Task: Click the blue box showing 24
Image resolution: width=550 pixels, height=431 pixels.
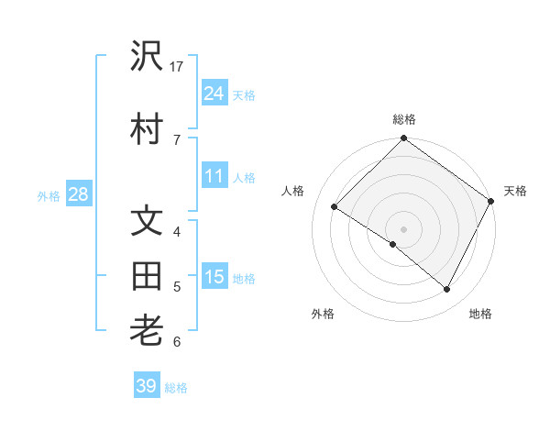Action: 214,93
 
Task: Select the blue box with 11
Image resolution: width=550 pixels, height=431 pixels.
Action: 214,176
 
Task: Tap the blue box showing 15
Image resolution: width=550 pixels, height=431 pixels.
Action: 214,277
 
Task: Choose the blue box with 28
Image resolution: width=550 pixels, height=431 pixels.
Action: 77,194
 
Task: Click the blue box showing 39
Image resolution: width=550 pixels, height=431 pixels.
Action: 146,386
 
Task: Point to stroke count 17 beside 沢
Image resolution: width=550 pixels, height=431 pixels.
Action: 177,67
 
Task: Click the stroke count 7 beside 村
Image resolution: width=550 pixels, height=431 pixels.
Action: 176,138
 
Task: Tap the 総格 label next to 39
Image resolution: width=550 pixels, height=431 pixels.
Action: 176,388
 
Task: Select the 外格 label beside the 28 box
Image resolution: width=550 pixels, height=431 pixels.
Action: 48,195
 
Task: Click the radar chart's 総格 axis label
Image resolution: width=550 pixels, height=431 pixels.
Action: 403,119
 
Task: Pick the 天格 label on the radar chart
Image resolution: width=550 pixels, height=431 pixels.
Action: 515,191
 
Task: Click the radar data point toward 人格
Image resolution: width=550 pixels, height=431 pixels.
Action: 335,207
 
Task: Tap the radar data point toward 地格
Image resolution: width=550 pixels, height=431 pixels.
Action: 447,290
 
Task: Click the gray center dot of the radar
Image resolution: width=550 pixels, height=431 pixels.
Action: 403,228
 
